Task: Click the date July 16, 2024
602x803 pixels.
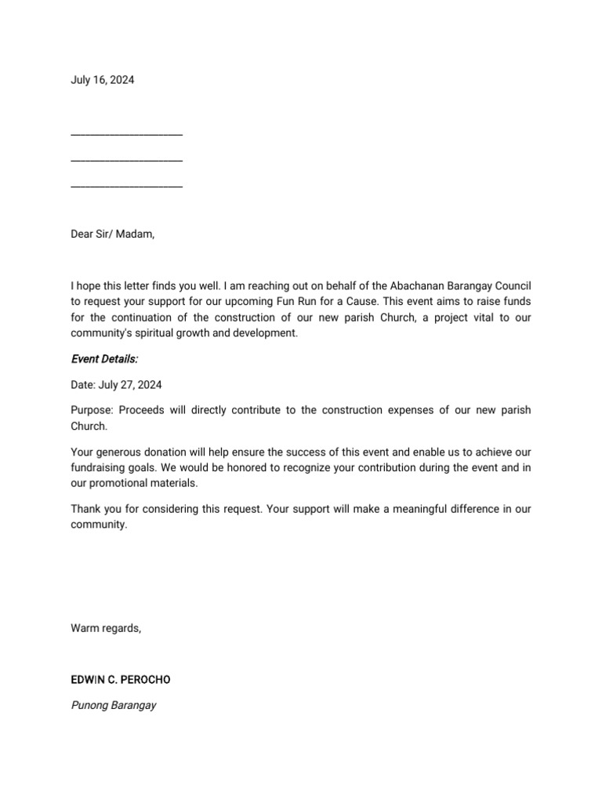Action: pos(102,80)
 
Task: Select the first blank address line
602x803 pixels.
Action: pos(126,134)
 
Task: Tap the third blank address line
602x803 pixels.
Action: pos(126,186)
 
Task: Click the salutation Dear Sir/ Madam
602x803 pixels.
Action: pos(113,234)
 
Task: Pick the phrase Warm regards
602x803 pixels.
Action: pos(106,628)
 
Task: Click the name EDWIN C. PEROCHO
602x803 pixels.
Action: pos(120,680)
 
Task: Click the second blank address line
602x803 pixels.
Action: pos(126,160)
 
